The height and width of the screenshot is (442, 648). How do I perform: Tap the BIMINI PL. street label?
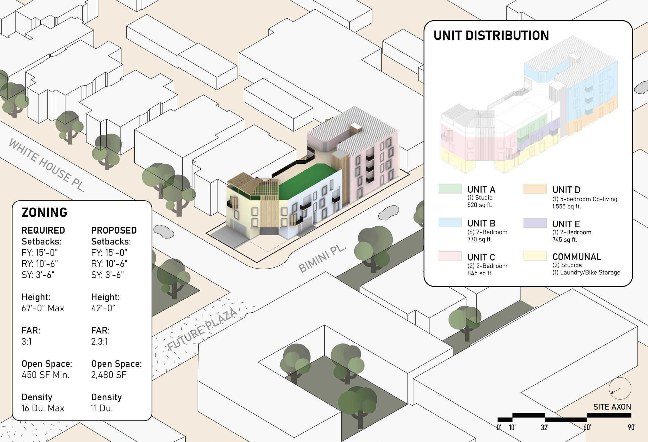pyautogui.click(x=322, y=259)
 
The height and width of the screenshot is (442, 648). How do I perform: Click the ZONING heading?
pyautogui.click(x=45, y=213)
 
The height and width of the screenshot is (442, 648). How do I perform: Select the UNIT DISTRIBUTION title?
pyautogui.click(x=491, y=36)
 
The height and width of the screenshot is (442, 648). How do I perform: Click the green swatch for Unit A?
pyautogui.click(x=450, y=189)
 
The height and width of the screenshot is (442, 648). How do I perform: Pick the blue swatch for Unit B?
pyautogui.click(x=450, y=222)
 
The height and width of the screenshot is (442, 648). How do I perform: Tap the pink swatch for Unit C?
pyautogui.click(x=450, y=256)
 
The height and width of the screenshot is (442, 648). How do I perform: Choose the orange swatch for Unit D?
pyautogui.click(x=535, y=189)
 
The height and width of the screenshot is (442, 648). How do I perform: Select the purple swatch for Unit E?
pyautogui.click(x=535, y=223)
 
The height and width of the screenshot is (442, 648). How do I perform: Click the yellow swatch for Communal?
pyautogui.click(x=535, y=256)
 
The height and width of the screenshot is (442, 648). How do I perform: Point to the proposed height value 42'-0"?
pyautogui.click(x=103, y=308)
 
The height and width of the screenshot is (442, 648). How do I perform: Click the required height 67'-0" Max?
pyautogui.click(x=43, y=308)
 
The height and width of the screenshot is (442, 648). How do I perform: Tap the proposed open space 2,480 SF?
pyautogui.click(x=109, y=375)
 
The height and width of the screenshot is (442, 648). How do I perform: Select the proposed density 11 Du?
pyautogui.click(x=102, y=408)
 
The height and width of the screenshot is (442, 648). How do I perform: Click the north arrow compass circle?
pyautogui.click(x=620, y=388)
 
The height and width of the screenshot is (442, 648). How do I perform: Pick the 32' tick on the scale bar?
pyautogui.click(x=544, y=427)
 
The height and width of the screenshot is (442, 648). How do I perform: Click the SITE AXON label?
pyautogui.click(x=612, y=407)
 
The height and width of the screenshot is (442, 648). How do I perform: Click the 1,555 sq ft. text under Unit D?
pyautogui.click(x=566, y=206)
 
